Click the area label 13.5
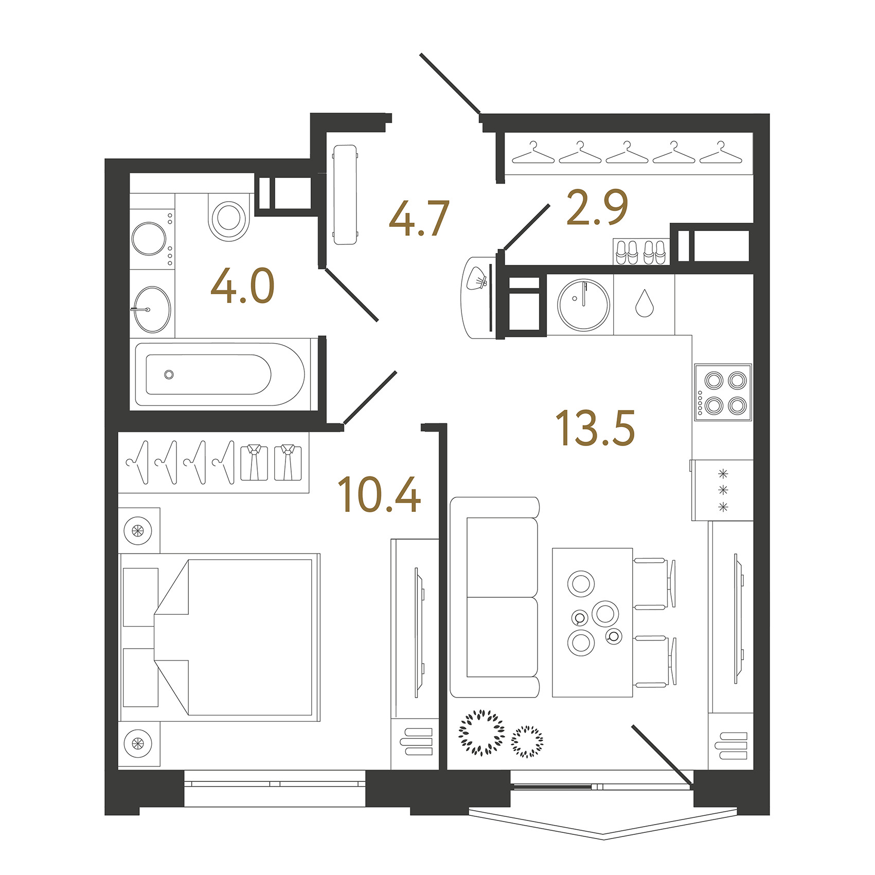click(595, 427)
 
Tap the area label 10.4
click(379, 494)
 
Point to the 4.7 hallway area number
click(419, 219)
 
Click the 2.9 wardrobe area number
click(597, 207)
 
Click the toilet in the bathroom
click(229, 217)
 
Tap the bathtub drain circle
click(169, 374)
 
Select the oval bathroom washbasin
click(152, 310)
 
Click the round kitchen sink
click(584, 305)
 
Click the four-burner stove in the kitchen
click(723, 392)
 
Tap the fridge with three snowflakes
click(722, 490)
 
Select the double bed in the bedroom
click(220, 637)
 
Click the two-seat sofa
click(495, 597)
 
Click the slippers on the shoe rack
click(641, 252)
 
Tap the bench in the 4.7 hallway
click(345, 195)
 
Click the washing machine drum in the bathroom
click(149, 239)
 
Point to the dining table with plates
click(593, 622)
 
